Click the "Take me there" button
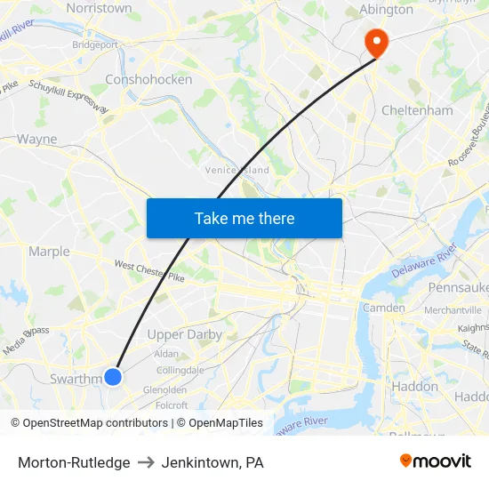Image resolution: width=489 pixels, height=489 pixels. (x=244, y=218)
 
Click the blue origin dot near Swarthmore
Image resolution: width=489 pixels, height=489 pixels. (x=113, y=377)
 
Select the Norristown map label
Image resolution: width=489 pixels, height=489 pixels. (x=100, y=7)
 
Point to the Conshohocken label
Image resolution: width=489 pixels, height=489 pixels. (x=148, y=79)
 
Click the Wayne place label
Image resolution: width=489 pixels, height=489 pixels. (x=36, y=139)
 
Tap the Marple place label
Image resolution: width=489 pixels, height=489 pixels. (x=49, y=252)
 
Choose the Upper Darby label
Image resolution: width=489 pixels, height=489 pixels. (x=184, y=334)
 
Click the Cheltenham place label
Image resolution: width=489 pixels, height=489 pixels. (x=417, y=110)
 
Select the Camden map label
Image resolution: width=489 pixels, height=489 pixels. (x=383, y=308)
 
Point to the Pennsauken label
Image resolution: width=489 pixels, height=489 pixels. (x=458, y=287)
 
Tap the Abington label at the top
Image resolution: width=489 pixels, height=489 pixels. (x=386, y=10)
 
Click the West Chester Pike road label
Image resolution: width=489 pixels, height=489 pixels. (x=148, y=270)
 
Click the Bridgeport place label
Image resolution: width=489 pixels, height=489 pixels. (x=95, y=44)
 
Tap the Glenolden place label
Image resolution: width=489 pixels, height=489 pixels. (x=164, y=389)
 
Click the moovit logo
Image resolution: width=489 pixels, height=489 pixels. (x=435, y=461)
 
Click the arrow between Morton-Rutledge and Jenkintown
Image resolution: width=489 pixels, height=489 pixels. (x=145, y=462)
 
